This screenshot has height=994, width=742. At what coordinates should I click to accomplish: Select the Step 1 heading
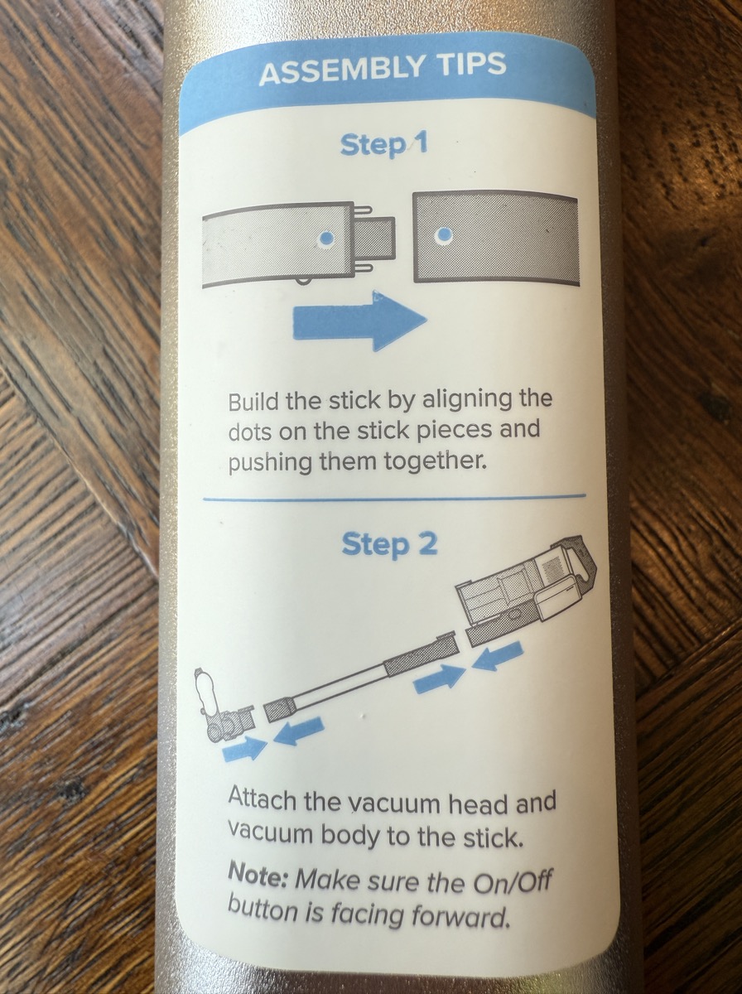click(383, 145)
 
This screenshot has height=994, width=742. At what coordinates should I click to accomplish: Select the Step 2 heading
click(389, 544)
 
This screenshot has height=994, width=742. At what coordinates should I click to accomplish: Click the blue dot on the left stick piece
click(326, 237)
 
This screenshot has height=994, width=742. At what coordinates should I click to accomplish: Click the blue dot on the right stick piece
click(444, 234)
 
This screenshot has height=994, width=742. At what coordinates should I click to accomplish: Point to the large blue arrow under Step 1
click(360, 321)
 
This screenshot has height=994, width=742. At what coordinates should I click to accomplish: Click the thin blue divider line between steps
click(394, 498)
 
